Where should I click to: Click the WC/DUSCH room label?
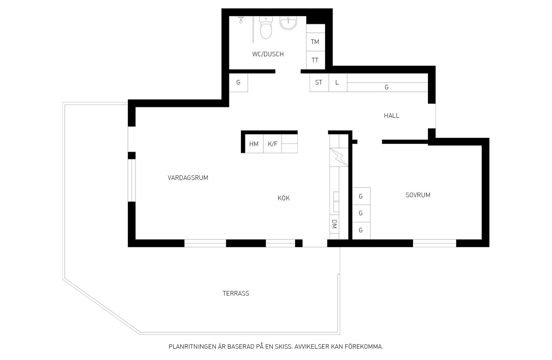pyautogui.click(x=268, y=54)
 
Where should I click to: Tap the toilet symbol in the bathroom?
pyautogui.click(x=266, y=28)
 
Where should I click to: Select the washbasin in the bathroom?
pyautogui.click(x=288, y=23)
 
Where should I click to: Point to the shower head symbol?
pyautogui.click(x=241, y=20)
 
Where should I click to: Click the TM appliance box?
pyautogui.click(x=315, y=42)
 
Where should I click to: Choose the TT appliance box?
pyautogui.click(x=315, y=60)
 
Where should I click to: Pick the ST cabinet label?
pyautogui.click(x=319, y=83)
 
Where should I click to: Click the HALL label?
pyautogui.click(x=392, y=116)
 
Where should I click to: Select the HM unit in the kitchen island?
pyautogui.click(x=254, y=143)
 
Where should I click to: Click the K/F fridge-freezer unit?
pyautogui.click(x=273, y=143)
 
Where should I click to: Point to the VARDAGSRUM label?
pyautogui.click(x=188, y=178)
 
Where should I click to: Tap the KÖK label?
pyautogui.click(x=284, y=198)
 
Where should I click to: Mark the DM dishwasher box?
pyautogui.click(x=334, y=224)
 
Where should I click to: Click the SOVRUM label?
pyautogui.click(x=418, y=195)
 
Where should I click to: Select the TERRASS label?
pyautogui.click(x=236, y=293)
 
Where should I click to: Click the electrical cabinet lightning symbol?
pyautogui.click(x=339, y=157)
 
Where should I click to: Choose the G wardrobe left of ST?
pyautogui.click(x=238, y=83)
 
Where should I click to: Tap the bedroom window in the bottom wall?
pyautogui.click(x=435, y=243)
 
